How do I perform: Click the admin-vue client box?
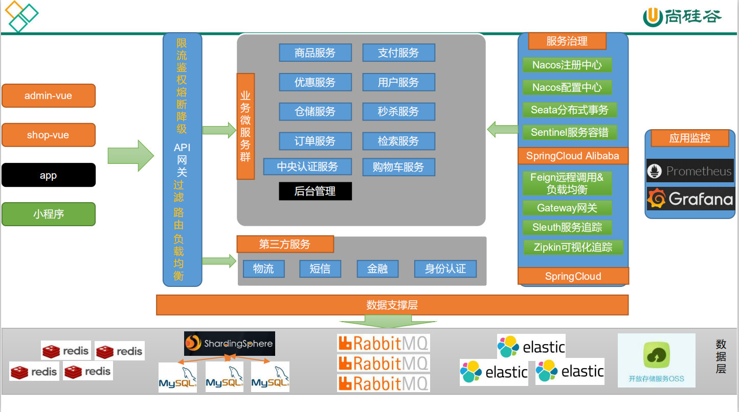[x=49, y=96]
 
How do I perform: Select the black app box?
[x=49, y=175]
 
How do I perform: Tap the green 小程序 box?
[x=49, y=214]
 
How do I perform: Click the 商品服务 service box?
[x=315, y=53]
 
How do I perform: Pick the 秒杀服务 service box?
[x=398, y=111]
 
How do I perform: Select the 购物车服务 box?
[x=398, y=167]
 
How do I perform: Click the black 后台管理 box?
[x=315, y=191]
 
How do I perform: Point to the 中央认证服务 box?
[x=307, y=166]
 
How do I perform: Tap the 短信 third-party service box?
[x=320, y=269]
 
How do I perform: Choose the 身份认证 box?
[x=445, y=269]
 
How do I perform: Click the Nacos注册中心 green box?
[x=567, y=65]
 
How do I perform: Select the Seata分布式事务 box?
[x=569, y=110]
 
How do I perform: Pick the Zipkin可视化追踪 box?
[x=573, y=247]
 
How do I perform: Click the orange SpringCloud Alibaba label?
[x=573, y=156]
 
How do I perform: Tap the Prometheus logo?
[x=690, y=171]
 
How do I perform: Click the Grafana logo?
[x=690, y=199]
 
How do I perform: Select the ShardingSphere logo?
[x=229, y=344]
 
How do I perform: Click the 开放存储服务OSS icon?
[x=656, y=360]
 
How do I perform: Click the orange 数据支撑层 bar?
[x=392, y=305]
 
